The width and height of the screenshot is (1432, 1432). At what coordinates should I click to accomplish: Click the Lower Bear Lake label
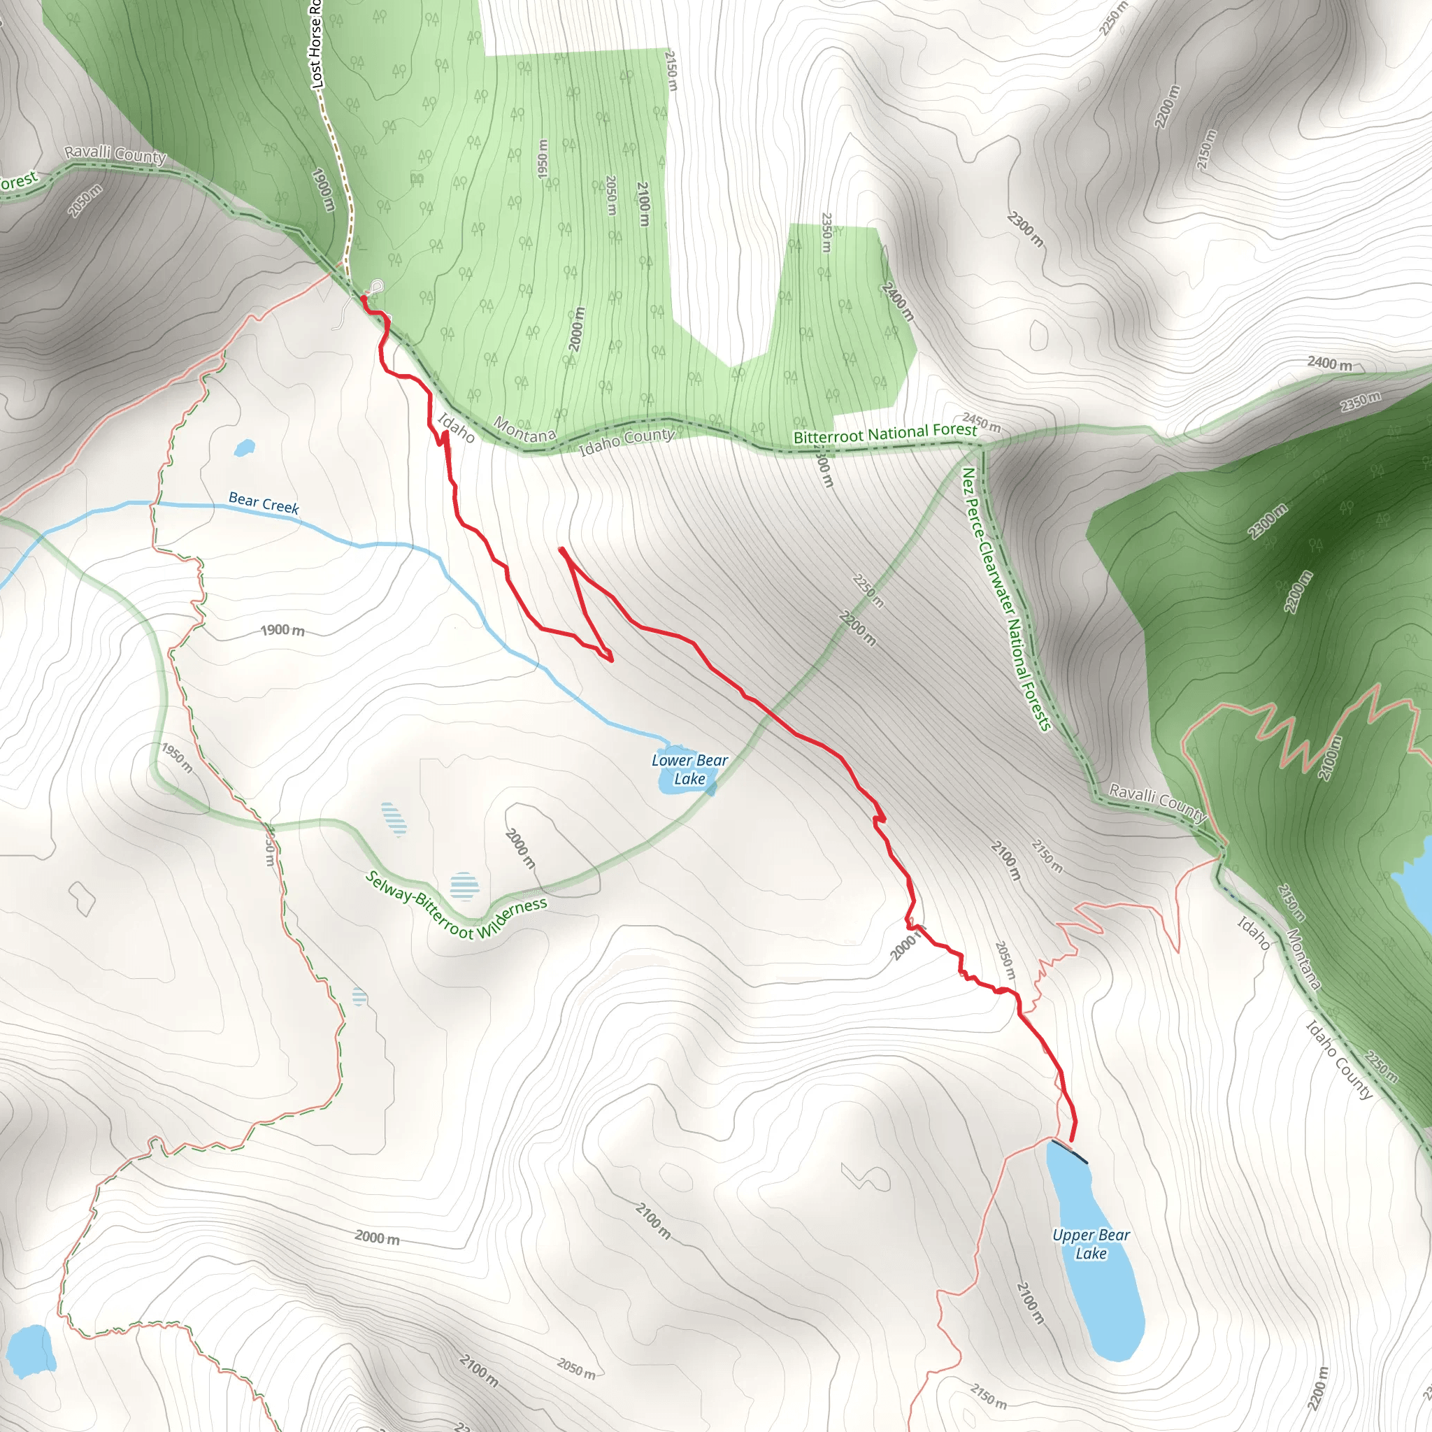coord(689,769)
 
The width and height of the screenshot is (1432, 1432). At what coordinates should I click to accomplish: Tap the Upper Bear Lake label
coord(1091,1244)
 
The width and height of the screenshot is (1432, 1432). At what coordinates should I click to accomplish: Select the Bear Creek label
coord(263,503)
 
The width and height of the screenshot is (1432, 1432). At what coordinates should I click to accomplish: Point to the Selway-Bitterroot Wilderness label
coord(457,905)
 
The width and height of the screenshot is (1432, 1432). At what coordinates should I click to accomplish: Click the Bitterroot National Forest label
coord(885,433)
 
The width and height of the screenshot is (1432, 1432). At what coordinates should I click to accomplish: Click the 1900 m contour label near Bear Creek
coord(282,630)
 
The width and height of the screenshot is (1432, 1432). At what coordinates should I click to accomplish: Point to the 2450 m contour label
coord(982,422)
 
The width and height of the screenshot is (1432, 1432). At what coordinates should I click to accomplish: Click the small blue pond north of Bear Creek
coord(244,447)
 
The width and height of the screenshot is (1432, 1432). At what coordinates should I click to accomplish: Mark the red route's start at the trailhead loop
coord(364,298)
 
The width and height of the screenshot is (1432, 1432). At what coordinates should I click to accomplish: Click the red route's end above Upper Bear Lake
coord(1072,1140)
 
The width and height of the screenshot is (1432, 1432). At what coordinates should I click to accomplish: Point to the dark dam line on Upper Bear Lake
coord(1070,1152)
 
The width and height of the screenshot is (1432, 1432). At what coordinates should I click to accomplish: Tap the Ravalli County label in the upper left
coord(115,153)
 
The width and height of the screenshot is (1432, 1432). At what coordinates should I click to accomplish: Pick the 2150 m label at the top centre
coord(671,71)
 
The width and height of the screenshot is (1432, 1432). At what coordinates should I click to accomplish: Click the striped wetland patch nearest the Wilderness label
coord(464,886)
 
